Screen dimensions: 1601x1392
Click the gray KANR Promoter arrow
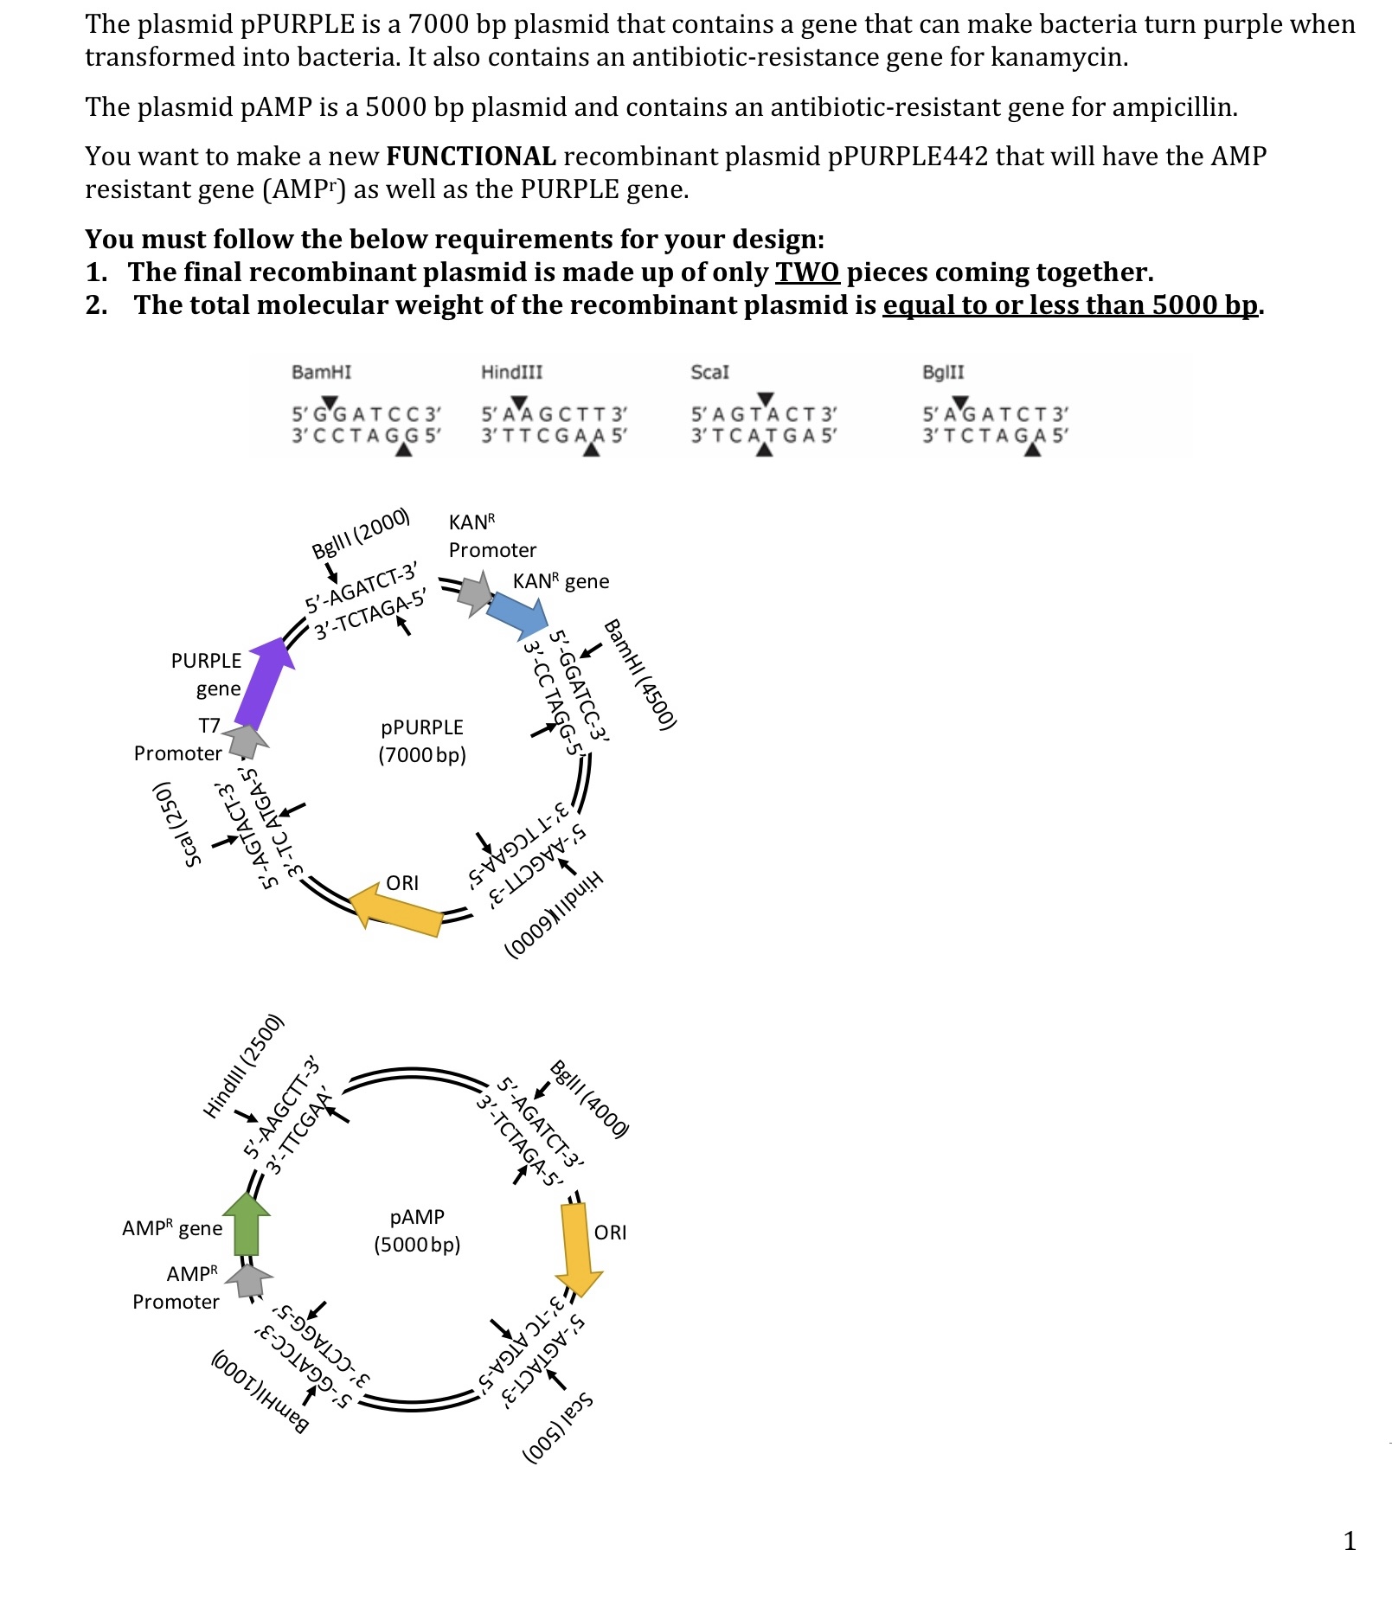[x=474, y=592]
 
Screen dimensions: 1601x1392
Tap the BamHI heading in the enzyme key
[x=322, y=372]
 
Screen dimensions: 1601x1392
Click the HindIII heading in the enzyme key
[x=511, y=372]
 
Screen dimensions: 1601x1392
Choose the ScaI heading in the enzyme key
[x=709, y=372]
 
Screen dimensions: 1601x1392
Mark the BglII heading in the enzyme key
[x=942, y=372]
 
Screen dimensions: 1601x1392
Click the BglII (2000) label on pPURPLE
[x=360, y=534]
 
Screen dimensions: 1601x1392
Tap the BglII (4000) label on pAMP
[x=589, y=1098]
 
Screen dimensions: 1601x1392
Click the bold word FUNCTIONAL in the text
[x=471, y=157]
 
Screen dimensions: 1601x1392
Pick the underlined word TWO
[x=806, y=272]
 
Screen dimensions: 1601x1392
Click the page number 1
[x=1349, y=1540]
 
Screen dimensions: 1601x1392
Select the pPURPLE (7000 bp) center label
[x=422, y=740]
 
